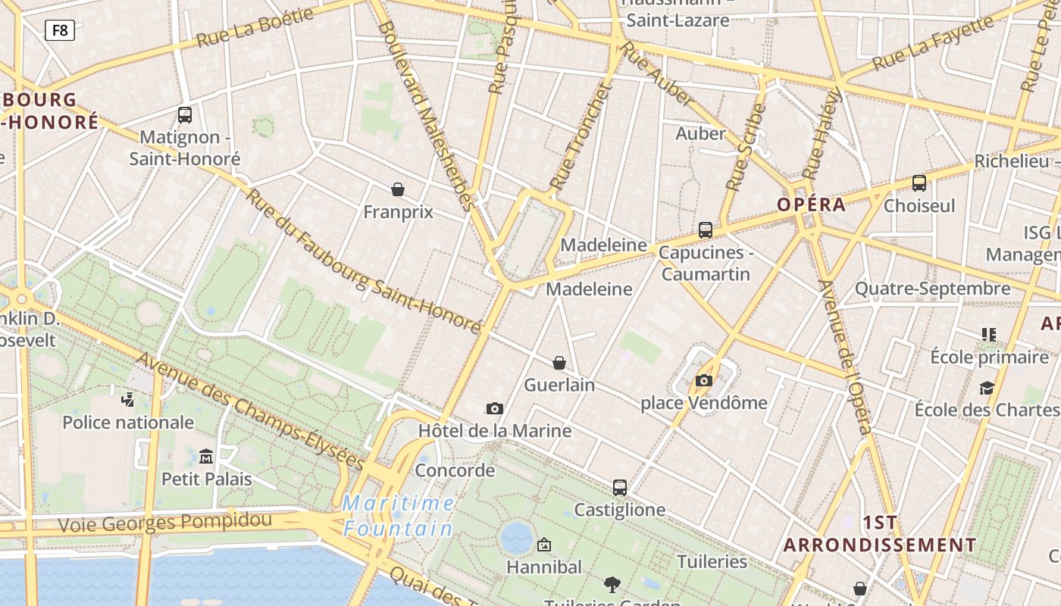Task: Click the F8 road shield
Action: (60, 30)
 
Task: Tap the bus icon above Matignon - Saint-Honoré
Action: (185, 115)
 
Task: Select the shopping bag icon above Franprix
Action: (398, 189)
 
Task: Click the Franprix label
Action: (398, 212)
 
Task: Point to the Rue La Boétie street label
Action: (255, 28)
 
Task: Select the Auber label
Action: (700, 134)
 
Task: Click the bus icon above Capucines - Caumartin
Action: (706, 230)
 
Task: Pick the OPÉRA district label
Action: (811, 205)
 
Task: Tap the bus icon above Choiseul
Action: (919, 183)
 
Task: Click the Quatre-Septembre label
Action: (932, 289)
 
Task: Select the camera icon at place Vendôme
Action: (704, 380)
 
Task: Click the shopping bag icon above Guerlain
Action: (559, 363)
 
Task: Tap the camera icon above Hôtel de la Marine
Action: (495, 409)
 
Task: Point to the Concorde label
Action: (455, 470)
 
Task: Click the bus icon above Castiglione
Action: (620, 488)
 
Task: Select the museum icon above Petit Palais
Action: (206, 456)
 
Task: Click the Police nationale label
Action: (128, 423)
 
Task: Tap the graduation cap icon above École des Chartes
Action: (987, 388)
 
